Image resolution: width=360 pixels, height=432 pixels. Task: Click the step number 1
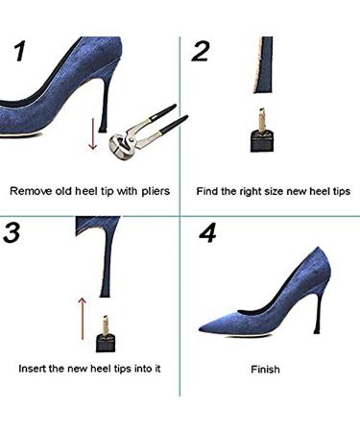click(x=21, y=53)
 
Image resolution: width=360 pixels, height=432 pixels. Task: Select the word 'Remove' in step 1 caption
click(x=30, y=191)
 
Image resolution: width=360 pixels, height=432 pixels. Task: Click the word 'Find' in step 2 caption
click(x=208, y=191)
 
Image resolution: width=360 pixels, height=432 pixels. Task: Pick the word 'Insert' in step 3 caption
click(x=34, y=368)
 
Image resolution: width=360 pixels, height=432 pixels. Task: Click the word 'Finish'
click(x=266, y=369)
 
